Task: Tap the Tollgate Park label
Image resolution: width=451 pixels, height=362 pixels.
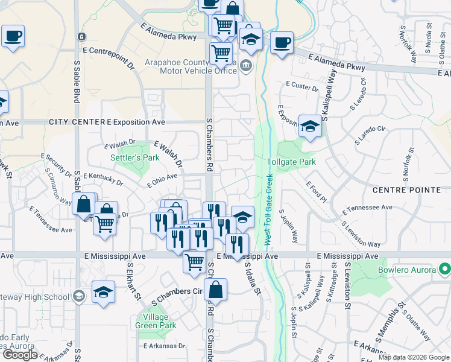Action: [291, 162]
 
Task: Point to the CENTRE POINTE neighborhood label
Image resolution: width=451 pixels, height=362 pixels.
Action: [406, 190]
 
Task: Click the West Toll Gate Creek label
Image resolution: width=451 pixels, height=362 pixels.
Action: [268, 209]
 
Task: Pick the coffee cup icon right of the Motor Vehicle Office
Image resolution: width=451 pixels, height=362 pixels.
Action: [282, 43]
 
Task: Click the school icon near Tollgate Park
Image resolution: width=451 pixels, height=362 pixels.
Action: [310, 126]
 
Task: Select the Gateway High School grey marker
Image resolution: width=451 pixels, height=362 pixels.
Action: [78, 296]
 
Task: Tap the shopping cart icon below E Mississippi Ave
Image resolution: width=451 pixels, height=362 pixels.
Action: [194, 262]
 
